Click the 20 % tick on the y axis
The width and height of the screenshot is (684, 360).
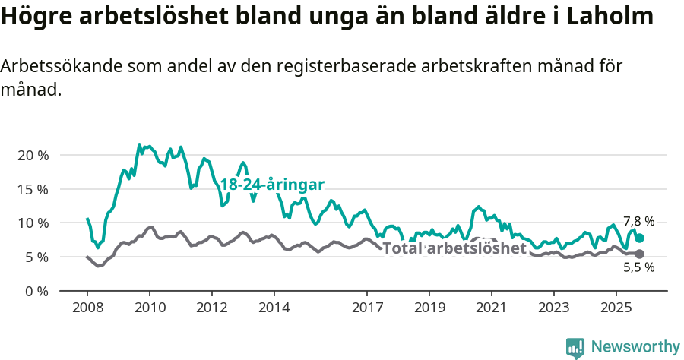[33, 155]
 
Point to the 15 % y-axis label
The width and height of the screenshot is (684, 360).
[33, 189]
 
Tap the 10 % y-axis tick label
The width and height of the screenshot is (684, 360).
[33, 223]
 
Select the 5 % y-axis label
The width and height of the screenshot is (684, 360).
[36, 257]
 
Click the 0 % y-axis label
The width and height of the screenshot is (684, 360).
[36, 292]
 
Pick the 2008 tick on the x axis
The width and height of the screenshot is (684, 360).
[87, 308]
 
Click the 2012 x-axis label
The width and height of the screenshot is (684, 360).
[211, 308]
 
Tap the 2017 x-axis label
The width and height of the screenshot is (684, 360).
[367, 308]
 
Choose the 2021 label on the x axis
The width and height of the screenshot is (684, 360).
[491, 308]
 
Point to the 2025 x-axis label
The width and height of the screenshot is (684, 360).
[616, 308]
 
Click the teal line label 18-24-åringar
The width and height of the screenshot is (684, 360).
[273, 185]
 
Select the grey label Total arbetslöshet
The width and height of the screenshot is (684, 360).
[454, 248]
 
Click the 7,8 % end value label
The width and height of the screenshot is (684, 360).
[638, 222]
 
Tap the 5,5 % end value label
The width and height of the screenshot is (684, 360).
[638, 267]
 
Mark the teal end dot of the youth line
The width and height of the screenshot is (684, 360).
[640, 238]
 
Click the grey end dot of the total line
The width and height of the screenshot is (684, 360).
[640, 254]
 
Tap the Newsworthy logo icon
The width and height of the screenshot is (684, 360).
[575, 347]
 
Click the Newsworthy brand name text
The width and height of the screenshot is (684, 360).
[635, 347]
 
